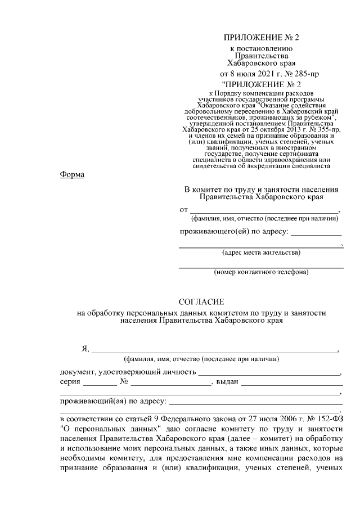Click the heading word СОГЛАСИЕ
(x=201, y=301)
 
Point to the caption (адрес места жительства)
(x=261, y=253)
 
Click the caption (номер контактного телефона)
(x=261, y=273)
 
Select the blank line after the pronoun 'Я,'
(x=214, y=350)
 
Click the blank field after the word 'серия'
(x=100, y=384)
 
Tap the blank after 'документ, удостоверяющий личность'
(x=269, y=373)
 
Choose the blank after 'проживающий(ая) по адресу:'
(x=256, y=403)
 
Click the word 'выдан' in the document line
(x=227, y=382)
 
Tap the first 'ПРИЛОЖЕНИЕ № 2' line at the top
(x=262, y=38)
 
